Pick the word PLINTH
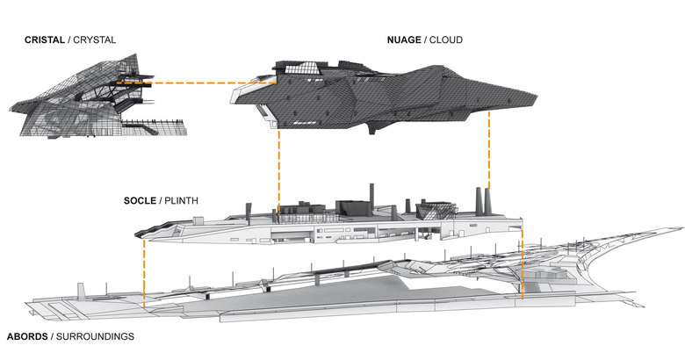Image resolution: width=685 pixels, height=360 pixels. (181, 201)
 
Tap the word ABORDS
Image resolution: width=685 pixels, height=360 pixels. (27, 336)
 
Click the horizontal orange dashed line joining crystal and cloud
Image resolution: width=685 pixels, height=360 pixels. (193, 84)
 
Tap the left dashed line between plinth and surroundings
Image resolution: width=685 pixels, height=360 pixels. (144, 268)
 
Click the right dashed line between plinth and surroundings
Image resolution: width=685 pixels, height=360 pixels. (523, 263)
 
